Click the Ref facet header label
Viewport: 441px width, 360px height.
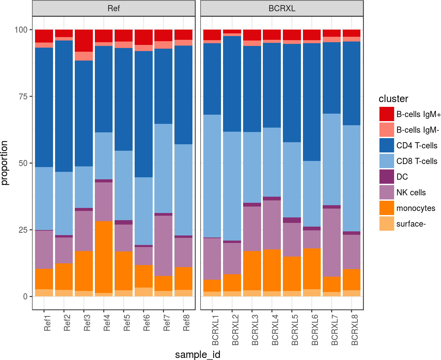click(114, 9)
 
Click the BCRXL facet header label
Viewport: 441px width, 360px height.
click(282, 9)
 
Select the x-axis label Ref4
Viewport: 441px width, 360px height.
click(107, 323)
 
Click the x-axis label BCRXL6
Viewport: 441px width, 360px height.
click(315, 330)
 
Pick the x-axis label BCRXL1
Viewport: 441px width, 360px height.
click(215, 330)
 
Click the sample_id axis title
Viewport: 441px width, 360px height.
click(198, 355)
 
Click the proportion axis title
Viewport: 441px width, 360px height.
click(4, 163)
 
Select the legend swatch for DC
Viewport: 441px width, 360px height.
click(387, 177)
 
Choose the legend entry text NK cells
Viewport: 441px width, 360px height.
click(411, 193)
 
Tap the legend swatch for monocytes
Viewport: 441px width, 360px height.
click(387, 208)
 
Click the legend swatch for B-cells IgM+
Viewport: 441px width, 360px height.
click(387, 114)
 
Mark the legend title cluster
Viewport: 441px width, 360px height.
click(393, 99)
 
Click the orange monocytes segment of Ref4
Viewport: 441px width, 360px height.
click(104, 257)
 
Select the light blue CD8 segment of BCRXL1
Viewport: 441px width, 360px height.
click(212, 176)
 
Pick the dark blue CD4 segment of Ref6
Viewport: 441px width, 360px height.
click(143, 114)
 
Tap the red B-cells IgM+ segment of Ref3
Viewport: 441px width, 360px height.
click(84, 40)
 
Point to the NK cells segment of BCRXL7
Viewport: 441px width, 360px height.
click(332, 242)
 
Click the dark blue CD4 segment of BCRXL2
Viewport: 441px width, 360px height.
click(232, 84)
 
